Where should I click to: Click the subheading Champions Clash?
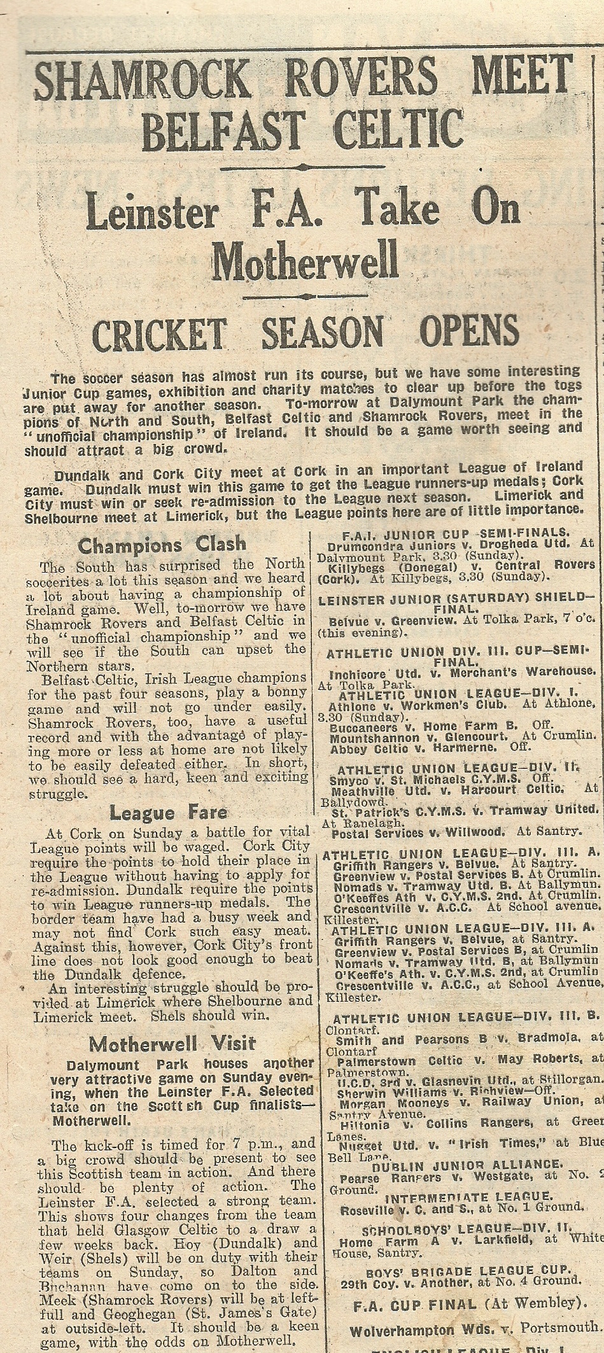tap(161, 545)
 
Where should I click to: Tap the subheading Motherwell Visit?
tap(172, 1044)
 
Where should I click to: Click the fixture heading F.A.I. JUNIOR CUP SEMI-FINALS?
tap(456, 533)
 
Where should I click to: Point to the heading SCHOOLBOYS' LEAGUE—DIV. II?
tap(467, 1224)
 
